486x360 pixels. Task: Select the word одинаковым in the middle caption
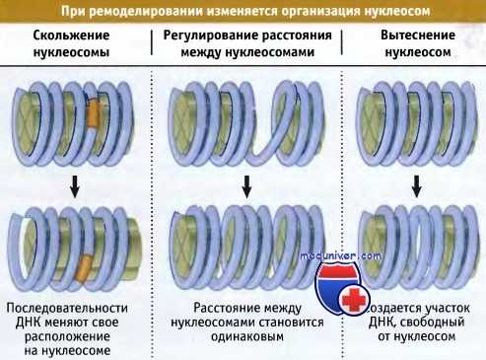pos(247,336)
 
